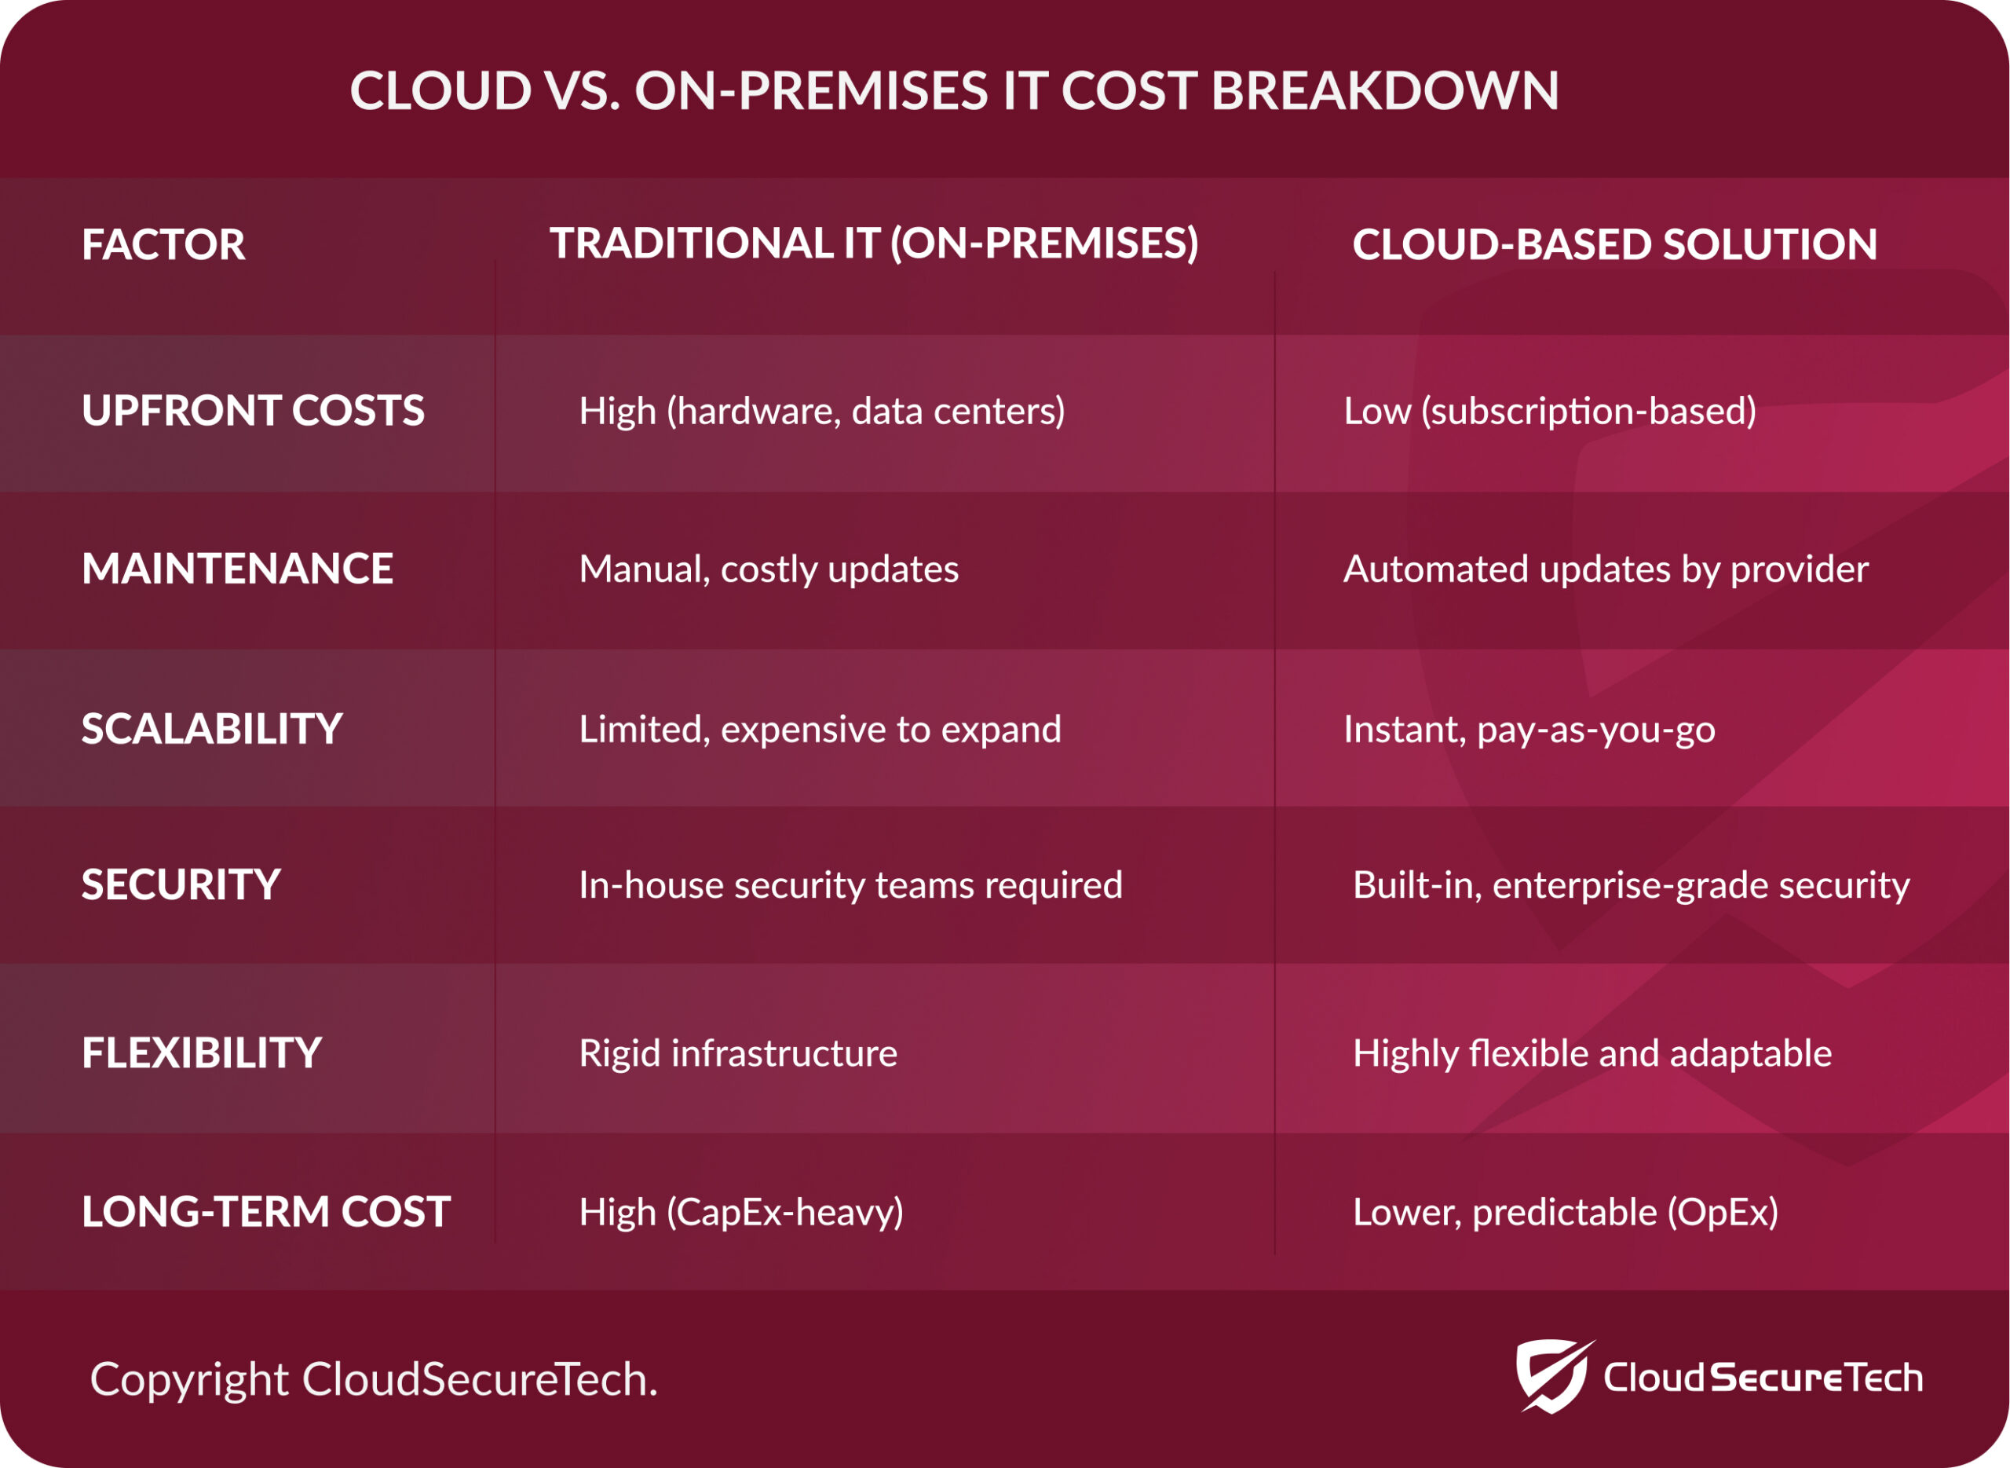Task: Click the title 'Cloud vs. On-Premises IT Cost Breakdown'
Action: coord(954,90)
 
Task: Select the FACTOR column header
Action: coord(163,244)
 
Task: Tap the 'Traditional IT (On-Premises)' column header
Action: coord(874,244)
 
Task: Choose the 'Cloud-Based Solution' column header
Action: coord(1615,244)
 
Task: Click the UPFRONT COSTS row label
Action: coord(253,411)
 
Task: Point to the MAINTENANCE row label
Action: coord(237,569)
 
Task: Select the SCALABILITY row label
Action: coord(211,729)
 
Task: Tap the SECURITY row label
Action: coord(181,885)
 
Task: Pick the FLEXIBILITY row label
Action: coord(202,1053)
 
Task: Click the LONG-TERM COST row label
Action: coord(266,1212)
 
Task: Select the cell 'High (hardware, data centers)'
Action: coord(821,412)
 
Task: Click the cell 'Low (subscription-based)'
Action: coord(1550,412)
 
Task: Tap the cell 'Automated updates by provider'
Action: coord(1606,569)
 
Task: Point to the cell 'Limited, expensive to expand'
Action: coord(820,730)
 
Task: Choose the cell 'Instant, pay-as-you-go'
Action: coord(1529,730)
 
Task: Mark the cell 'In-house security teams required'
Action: coord(851,885)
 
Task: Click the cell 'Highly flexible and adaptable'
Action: coord(1592,1054)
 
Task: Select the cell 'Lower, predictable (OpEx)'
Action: coord(1566,1213)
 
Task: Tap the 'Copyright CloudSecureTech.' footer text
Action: coord(374,1380)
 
